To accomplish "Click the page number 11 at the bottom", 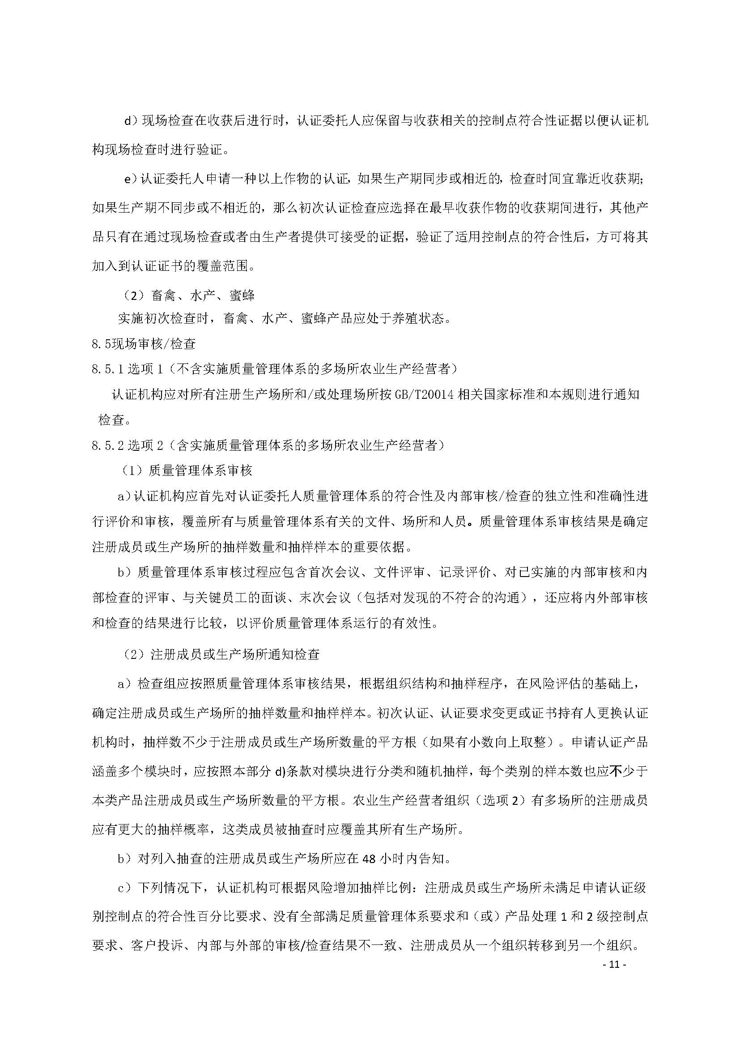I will click(x=614, y=965).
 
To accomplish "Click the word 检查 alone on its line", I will click(x=112, y=420).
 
